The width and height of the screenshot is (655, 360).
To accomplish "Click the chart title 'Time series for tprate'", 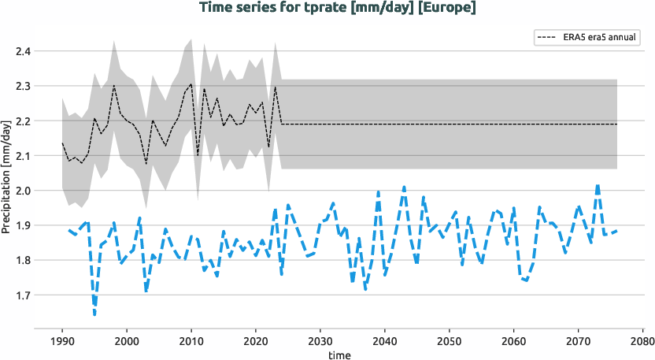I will [299, 8].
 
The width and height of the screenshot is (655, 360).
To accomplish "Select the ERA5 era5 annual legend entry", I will [586, 37].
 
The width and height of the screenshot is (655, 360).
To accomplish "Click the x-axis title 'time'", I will [339, 355].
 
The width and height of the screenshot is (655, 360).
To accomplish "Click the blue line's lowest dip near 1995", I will [94, 315].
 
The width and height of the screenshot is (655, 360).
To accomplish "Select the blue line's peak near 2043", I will [404, 187].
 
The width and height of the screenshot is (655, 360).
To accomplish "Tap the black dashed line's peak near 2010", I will [191, 84].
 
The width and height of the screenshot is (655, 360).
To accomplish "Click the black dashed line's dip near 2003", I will [146, 164].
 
